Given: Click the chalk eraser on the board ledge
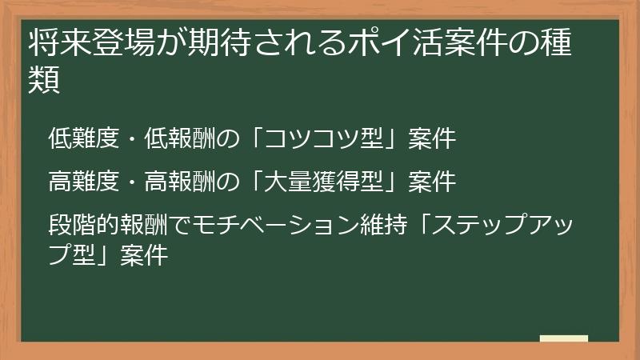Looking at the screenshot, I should [564, 339].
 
